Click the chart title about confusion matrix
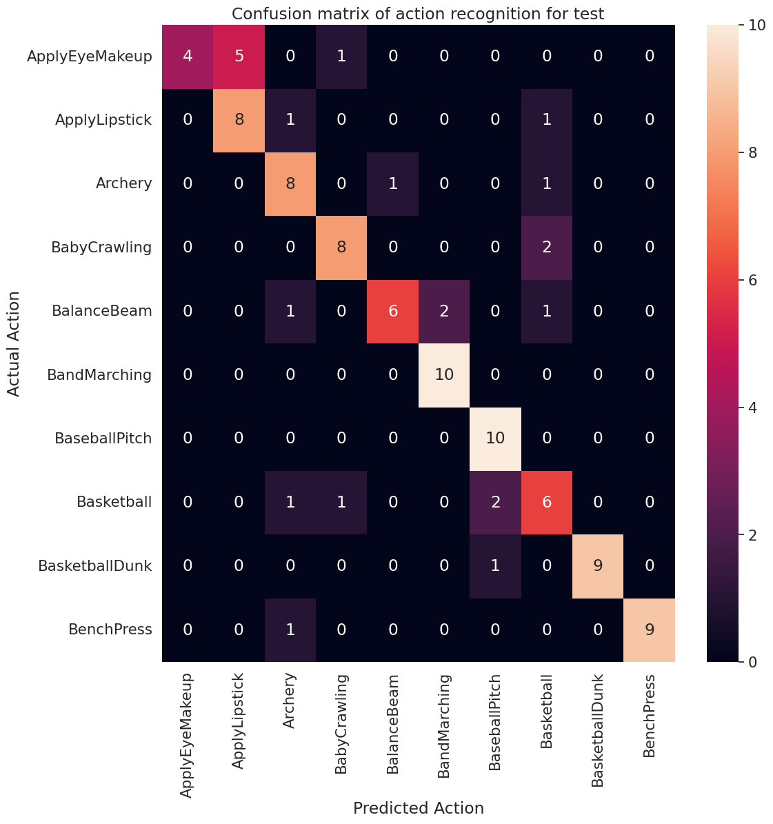(418, 14)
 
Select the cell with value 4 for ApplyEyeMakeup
(188, 57)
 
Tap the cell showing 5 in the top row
(239, 57)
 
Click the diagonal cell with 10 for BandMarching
(444, 375)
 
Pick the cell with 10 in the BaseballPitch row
(495, 439)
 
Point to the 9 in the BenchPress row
(649, 630)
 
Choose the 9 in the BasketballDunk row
(598, 566)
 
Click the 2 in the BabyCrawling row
(547, 248)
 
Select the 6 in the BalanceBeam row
(393, 311)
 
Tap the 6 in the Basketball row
(547, 503)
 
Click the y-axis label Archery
(123, 183)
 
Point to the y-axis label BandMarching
(99, 375)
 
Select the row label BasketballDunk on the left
(95, 566)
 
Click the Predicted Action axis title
(418, 808)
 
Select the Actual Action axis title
(14, 343)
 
